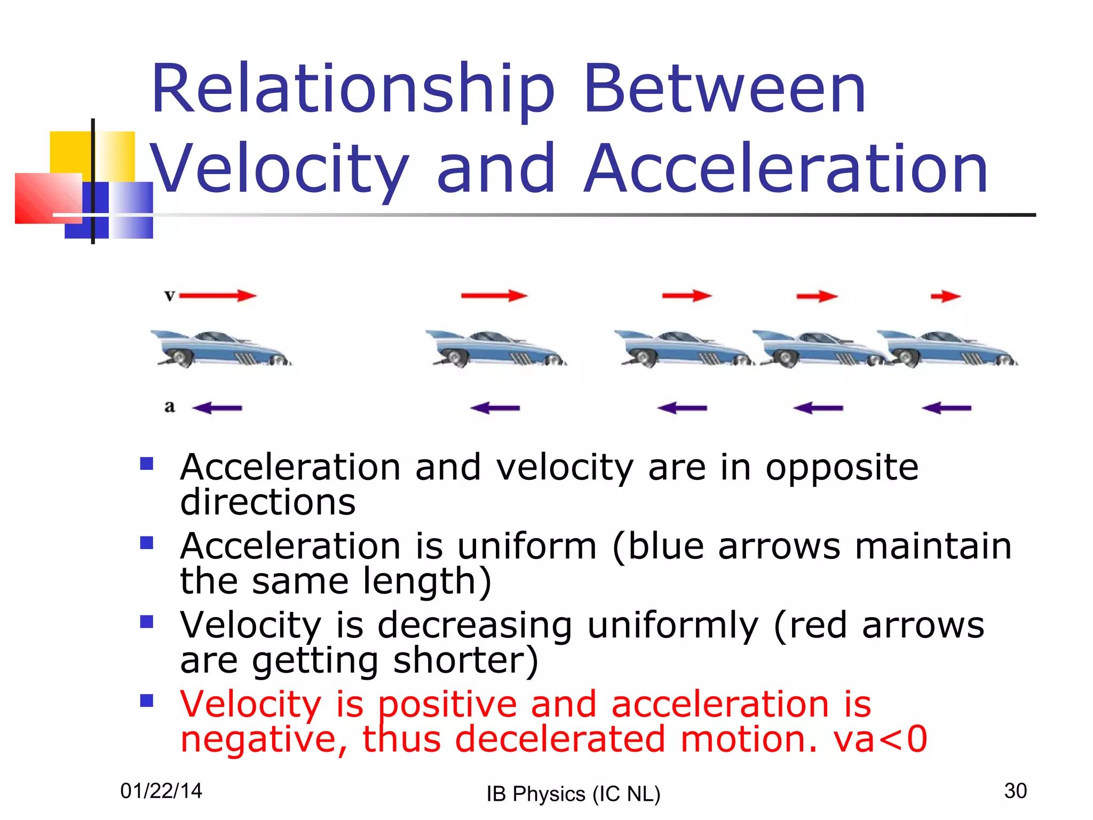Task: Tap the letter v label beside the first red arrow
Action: click(170, 295)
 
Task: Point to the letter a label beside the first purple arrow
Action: click(170, 407)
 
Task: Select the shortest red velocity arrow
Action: click(945, 296)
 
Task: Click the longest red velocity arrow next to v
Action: click(218, 295)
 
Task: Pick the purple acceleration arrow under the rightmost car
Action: click(946, 408)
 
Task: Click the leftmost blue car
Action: click(221, 349)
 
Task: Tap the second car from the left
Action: click(496, 349)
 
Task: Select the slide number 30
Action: click(1015, 791)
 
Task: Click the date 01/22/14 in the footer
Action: click(161, 791)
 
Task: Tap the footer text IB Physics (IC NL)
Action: click(573, 794)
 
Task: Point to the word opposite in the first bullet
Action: click(842, 468)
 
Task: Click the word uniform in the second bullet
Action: click(527, 547)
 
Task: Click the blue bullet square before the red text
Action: click(147, 700)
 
